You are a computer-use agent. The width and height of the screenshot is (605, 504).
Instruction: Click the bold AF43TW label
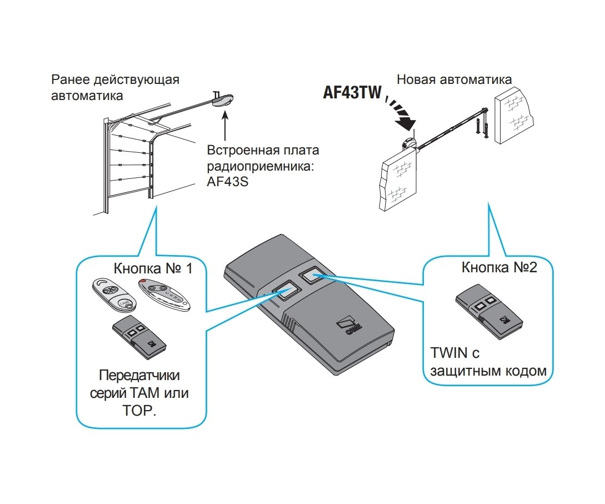352,92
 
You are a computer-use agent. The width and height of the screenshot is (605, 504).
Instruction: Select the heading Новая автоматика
454,79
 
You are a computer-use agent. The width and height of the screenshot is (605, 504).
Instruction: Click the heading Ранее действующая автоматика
115,87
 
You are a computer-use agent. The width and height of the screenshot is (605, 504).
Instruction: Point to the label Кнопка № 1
153,269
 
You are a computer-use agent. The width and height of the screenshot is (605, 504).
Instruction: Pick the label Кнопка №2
499,267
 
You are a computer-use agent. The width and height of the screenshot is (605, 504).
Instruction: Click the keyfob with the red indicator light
165,293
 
